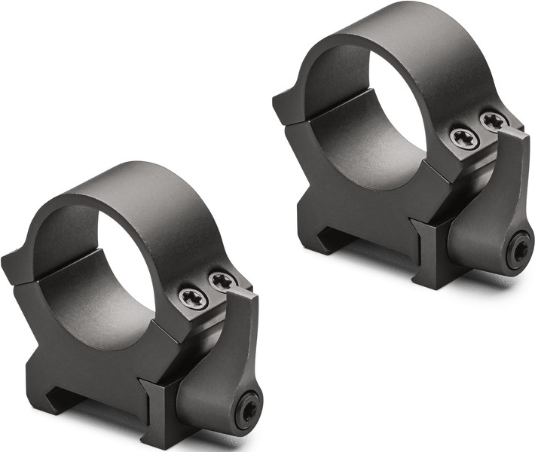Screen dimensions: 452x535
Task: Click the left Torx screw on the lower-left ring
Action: (193, 297)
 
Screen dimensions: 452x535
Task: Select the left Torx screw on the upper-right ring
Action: (464, 137)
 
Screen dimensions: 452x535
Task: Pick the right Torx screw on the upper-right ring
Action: (493, 121)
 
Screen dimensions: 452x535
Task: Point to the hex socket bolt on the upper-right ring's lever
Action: (519, 250)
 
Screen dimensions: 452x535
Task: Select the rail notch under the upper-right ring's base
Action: (332, 238)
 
